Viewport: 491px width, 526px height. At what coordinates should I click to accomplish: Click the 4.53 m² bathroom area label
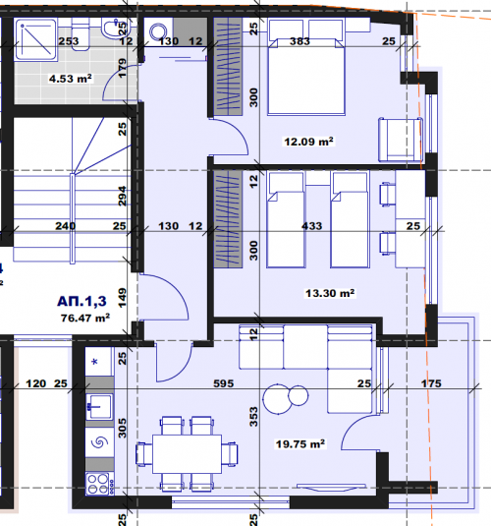[x=70, y=79]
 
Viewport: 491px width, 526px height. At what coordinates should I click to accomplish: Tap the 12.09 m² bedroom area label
[x=308, y=142]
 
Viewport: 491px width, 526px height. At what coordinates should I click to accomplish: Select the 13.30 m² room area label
[x=330, y=293]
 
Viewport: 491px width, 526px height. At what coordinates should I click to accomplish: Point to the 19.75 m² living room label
[x=300, y=444]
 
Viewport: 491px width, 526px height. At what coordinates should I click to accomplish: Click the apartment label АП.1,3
[x=82, y=301]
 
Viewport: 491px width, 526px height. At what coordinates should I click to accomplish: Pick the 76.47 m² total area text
[x=85, y=318]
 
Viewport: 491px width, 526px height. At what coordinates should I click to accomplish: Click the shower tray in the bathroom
[x=35, y=40]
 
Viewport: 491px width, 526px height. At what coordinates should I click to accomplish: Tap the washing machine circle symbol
[x=158, y=31]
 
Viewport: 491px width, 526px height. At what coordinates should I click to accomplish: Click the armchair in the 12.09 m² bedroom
[x=401, y=140]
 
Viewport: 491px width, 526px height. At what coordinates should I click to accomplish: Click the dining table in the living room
[x=187, y=454]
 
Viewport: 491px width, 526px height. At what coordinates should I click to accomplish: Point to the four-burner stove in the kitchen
[x=99, y=484]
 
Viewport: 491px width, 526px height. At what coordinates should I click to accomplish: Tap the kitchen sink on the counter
[x=99, y=407]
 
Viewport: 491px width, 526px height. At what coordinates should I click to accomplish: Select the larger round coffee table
[x=278, y=399]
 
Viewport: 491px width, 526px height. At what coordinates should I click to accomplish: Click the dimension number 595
[x=224, y=383]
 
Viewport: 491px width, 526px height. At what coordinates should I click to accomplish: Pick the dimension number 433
[x=311, y=226]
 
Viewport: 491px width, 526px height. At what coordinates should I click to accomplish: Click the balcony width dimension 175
[x=431, y=383]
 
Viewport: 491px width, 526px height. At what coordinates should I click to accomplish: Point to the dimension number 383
[x=300, y=41]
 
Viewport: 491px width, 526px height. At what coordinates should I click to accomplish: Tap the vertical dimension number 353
[x=254, y=417]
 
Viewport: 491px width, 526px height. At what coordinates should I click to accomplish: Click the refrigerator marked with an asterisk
[x=98, y=361]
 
